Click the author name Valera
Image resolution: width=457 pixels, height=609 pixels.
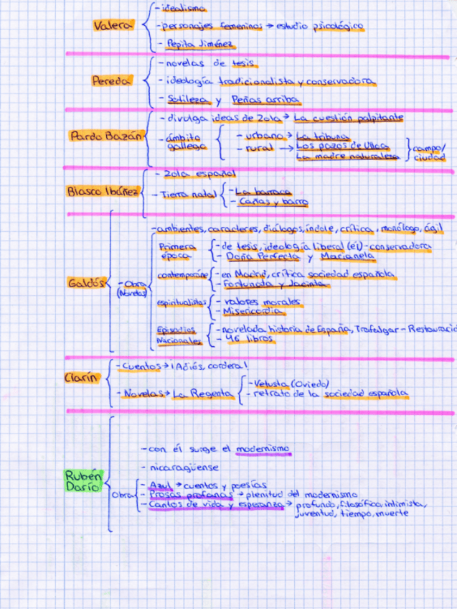[113, 26]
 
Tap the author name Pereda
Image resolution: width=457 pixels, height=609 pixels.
[112, 81]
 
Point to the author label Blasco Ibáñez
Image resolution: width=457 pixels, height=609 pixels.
[101, 192]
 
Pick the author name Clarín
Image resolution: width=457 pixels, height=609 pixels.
[80, 378]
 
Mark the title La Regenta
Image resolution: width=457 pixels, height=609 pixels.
[206, 394]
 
